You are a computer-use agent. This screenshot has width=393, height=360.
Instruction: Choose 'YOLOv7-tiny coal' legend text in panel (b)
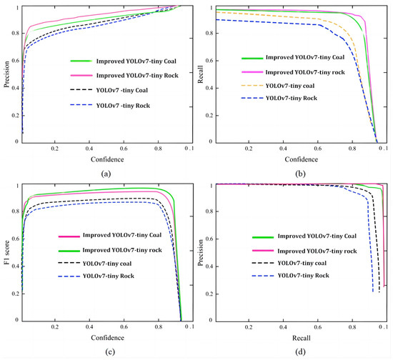click(x=304, y=88)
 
